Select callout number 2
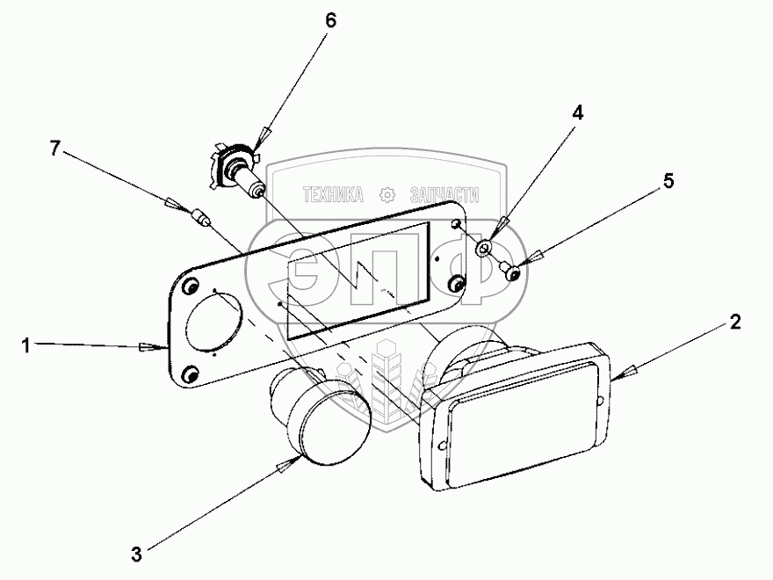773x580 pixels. coord(734,323)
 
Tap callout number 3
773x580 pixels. coord(135,554)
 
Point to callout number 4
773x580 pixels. coord(577,113)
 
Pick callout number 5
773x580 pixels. coord(668,181)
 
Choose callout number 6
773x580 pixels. coord(330,20)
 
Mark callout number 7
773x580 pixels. coord(54,149)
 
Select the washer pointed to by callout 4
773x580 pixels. coord(484,250)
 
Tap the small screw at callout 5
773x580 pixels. coord(509,270)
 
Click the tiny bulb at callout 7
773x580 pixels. coord(199,217)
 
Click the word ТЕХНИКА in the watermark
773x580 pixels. coord(333,194)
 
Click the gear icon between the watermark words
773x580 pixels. coord(386,194)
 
